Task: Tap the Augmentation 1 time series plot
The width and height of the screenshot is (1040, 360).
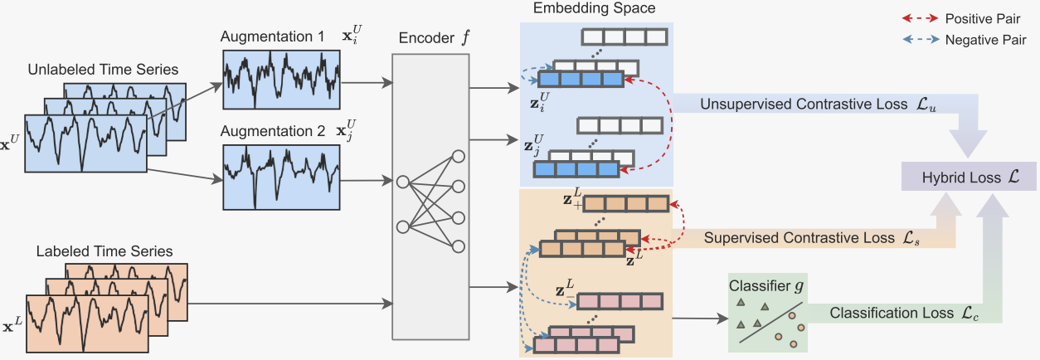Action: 281,80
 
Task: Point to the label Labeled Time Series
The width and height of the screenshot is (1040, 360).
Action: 104,251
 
